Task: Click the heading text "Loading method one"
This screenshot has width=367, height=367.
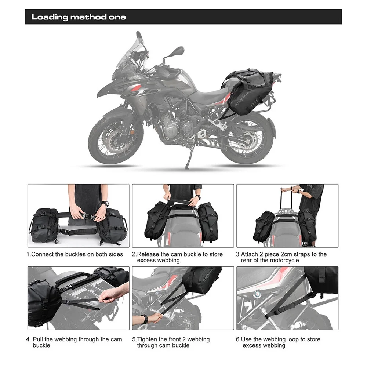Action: pos(79,17)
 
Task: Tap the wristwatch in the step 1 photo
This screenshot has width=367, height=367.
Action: pos(105,203)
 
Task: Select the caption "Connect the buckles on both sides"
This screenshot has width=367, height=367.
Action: pos(77,254)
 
